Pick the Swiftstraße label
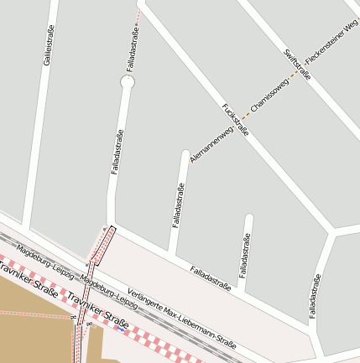pos(296,65)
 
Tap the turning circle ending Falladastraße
pos(128,82)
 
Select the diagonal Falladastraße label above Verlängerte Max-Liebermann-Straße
pos(210,278)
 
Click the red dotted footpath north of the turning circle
pos(137,25)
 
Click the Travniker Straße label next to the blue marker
pos(97,312)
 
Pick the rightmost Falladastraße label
pos(315,297)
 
